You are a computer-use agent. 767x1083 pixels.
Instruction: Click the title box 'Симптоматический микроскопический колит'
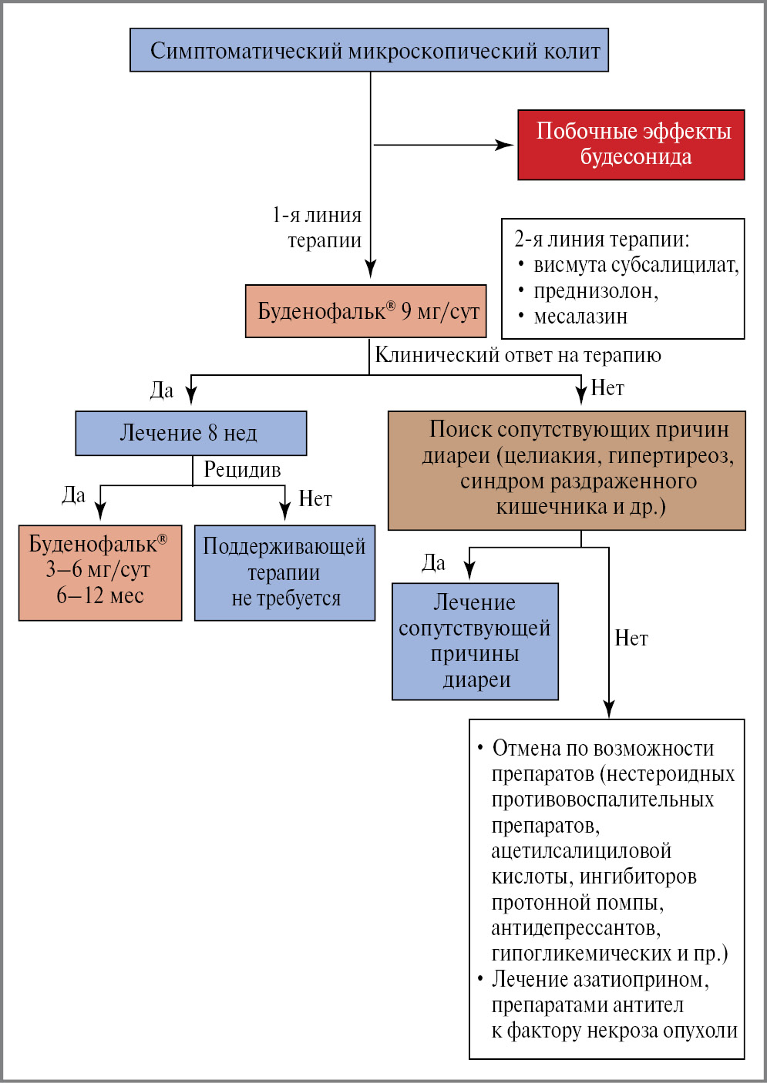(369, 50)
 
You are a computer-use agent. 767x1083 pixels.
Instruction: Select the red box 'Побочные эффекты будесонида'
(631, 145)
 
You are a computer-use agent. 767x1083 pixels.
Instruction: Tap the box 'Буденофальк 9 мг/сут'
(365, 311)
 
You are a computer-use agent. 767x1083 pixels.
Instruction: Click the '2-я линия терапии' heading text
(602, 239)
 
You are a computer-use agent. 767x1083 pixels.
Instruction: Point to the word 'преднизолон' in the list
(595, 291)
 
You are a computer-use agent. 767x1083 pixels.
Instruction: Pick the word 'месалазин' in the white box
(580, 317)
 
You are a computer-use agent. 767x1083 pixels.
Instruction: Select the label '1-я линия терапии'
(318, 227)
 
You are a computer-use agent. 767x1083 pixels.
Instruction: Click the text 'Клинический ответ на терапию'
(517, 355)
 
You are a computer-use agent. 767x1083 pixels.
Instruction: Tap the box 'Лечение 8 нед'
(190, 433)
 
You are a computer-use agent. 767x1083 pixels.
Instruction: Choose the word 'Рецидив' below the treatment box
(242, 469)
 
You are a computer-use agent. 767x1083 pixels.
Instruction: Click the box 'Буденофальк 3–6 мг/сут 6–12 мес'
(100, 572)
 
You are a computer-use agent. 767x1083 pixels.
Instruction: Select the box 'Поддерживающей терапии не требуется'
(284, 572)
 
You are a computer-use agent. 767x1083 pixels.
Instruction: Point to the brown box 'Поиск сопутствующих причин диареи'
(567, 470)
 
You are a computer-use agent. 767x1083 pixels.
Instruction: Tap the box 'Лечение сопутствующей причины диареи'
(475, 641)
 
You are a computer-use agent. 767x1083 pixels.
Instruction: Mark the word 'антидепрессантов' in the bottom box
(576, 928)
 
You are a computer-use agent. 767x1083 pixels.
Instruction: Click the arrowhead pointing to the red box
(506, 145)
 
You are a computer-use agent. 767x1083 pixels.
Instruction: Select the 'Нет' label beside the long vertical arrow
(631, 639)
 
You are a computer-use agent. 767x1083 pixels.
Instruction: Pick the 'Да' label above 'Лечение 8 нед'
(162, 391)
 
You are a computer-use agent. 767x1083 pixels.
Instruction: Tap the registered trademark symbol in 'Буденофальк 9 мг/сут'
(390, 306)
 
